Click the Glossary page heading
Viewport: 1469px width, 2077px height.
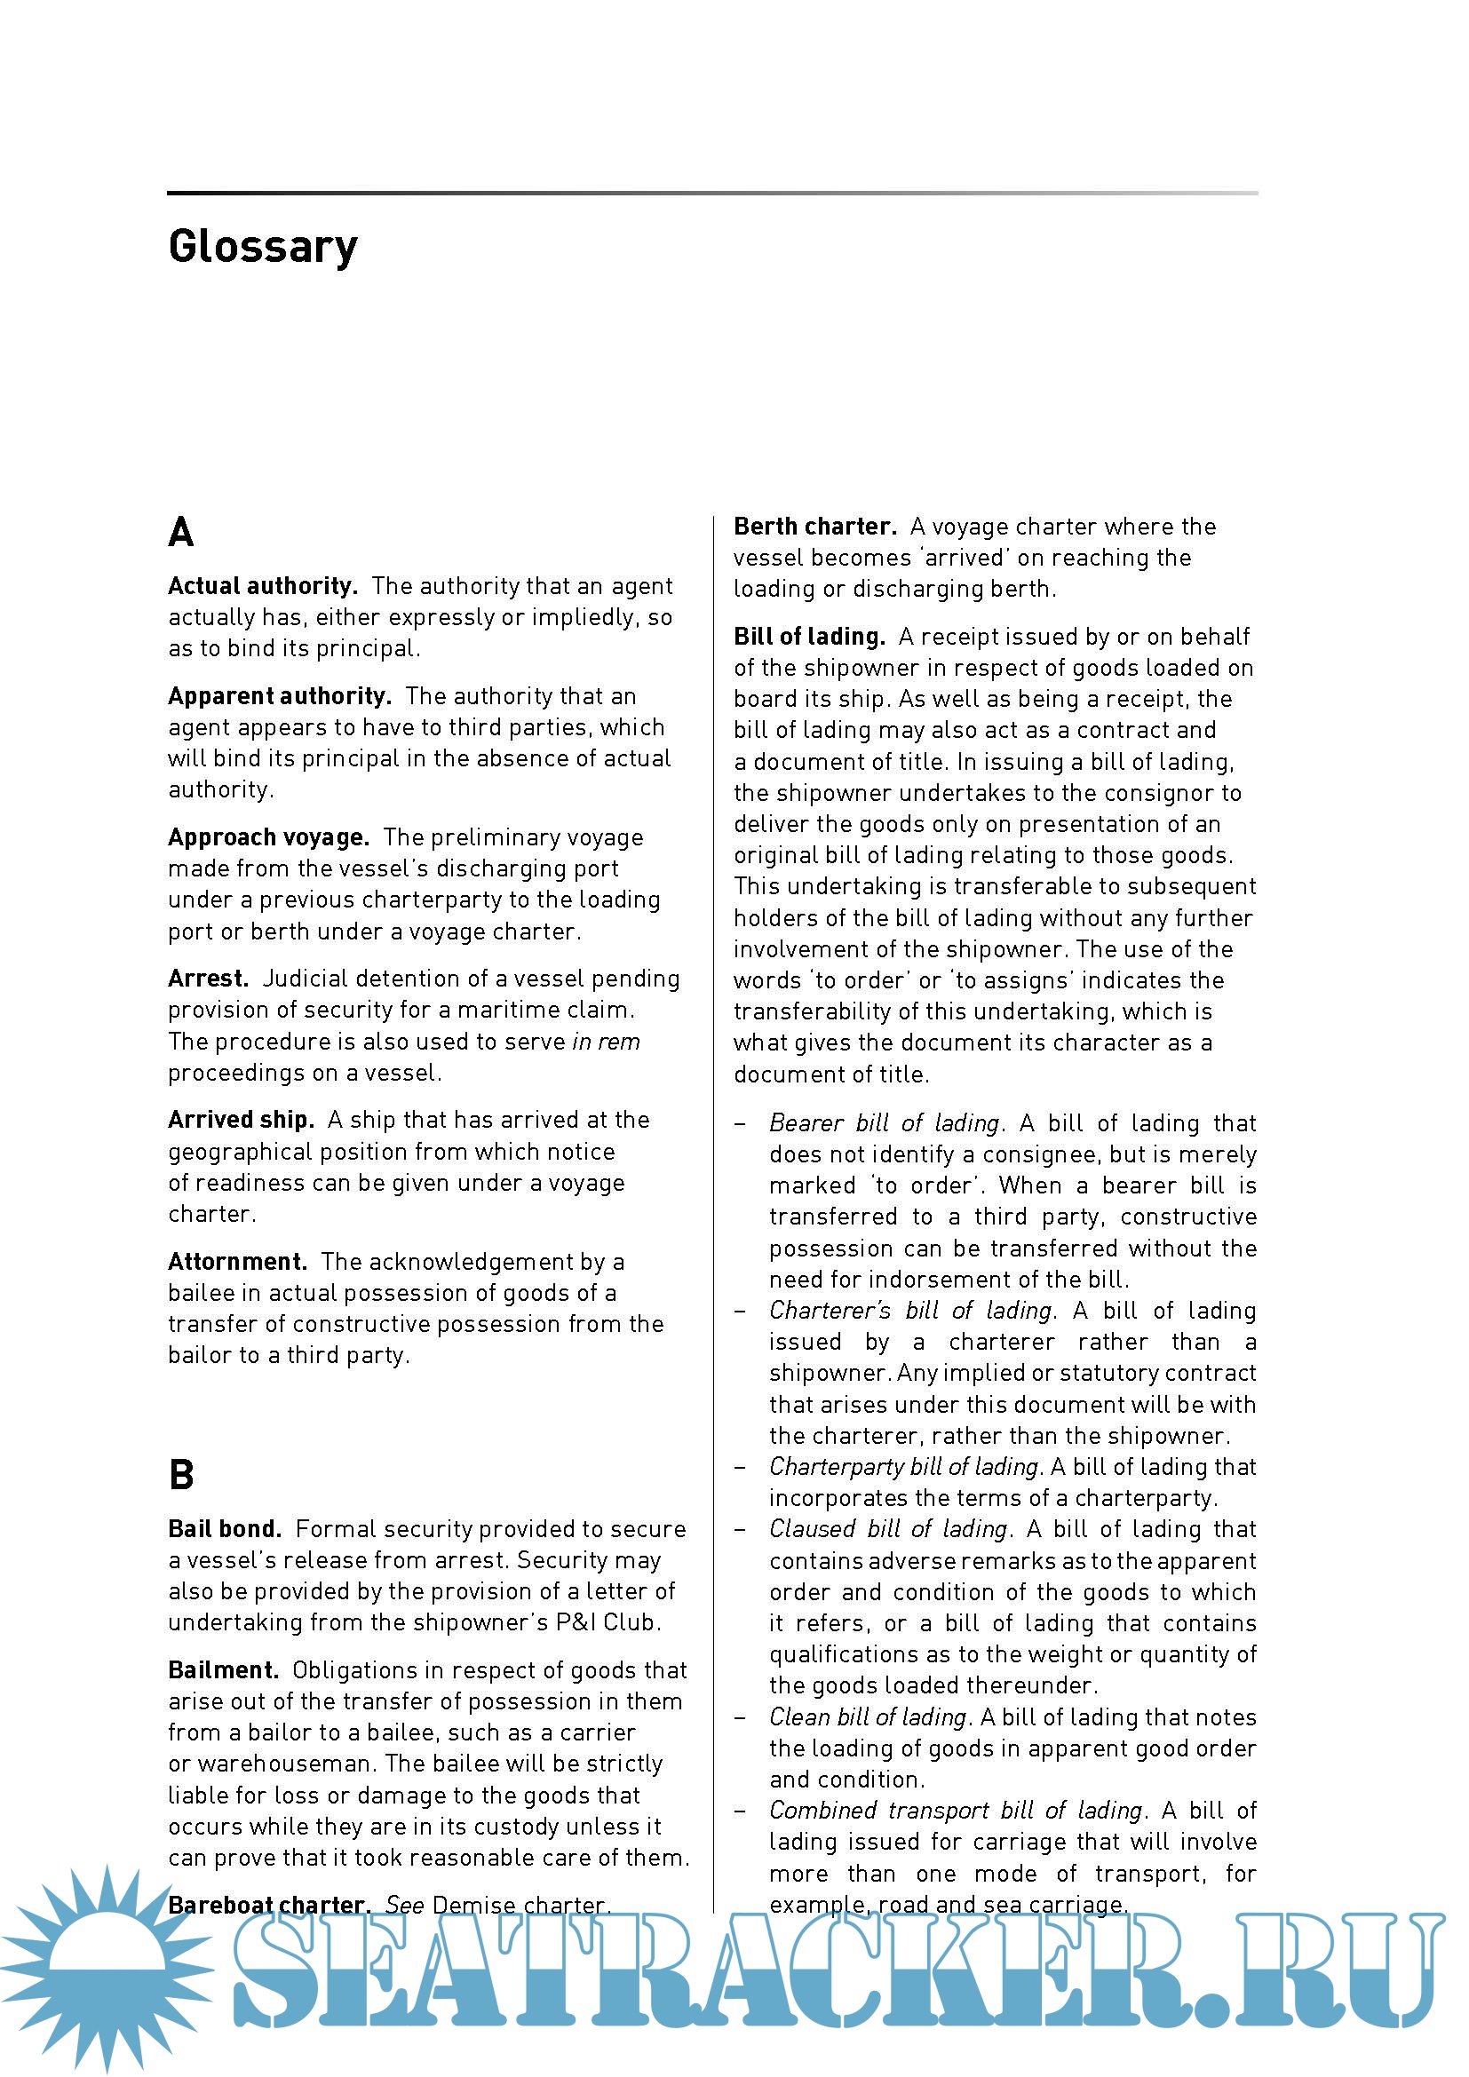(x=262, y=247)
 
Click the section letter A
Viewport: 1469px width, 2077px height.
(x=181, y=532)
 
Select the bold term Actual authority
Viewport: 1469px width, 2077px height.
(x=262, y=586)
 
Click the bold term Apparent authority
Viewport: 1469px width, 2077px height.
(x=280, y=696)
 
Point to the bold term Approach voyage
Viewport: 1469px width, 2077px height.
(x=268, y=837)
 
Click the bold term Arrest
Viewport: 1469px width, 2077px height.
(x=208, y=979)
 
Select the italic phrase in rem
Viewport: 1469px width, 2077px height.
(x=606, y=1042)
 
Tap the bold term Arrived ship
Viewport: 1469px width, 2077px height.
(x=241, y=1120)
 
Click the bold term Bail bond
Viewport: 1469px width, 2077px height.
(x=226, y=1530)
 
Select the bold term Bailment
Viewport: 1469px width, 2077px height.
(x=224, y=1671)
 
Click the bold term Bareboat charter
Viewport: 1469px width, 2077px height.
(x=268, y=1905)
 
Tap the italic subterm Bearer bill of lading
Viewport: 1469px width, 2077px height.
(x=885, y=1123)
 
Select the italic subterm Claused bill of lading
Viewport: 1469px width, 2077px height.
(x=888, y=1530)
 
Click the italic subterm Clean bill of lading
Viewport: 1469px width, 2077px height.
(x=869, y=1717)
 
